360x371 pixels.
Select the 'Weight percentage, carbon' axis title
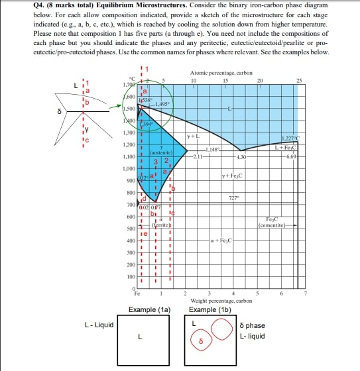click(220, 300)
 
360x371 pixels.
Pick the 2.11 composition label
click(198, 156)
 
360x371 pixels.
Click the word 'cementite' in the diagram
click(273, 225)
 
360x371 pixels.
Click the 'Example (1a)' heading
click(149, 309)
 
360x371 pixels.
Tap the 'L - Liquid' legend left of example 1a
click(99, 325)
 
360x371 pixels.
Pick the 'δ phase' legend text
click(253, 325)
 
